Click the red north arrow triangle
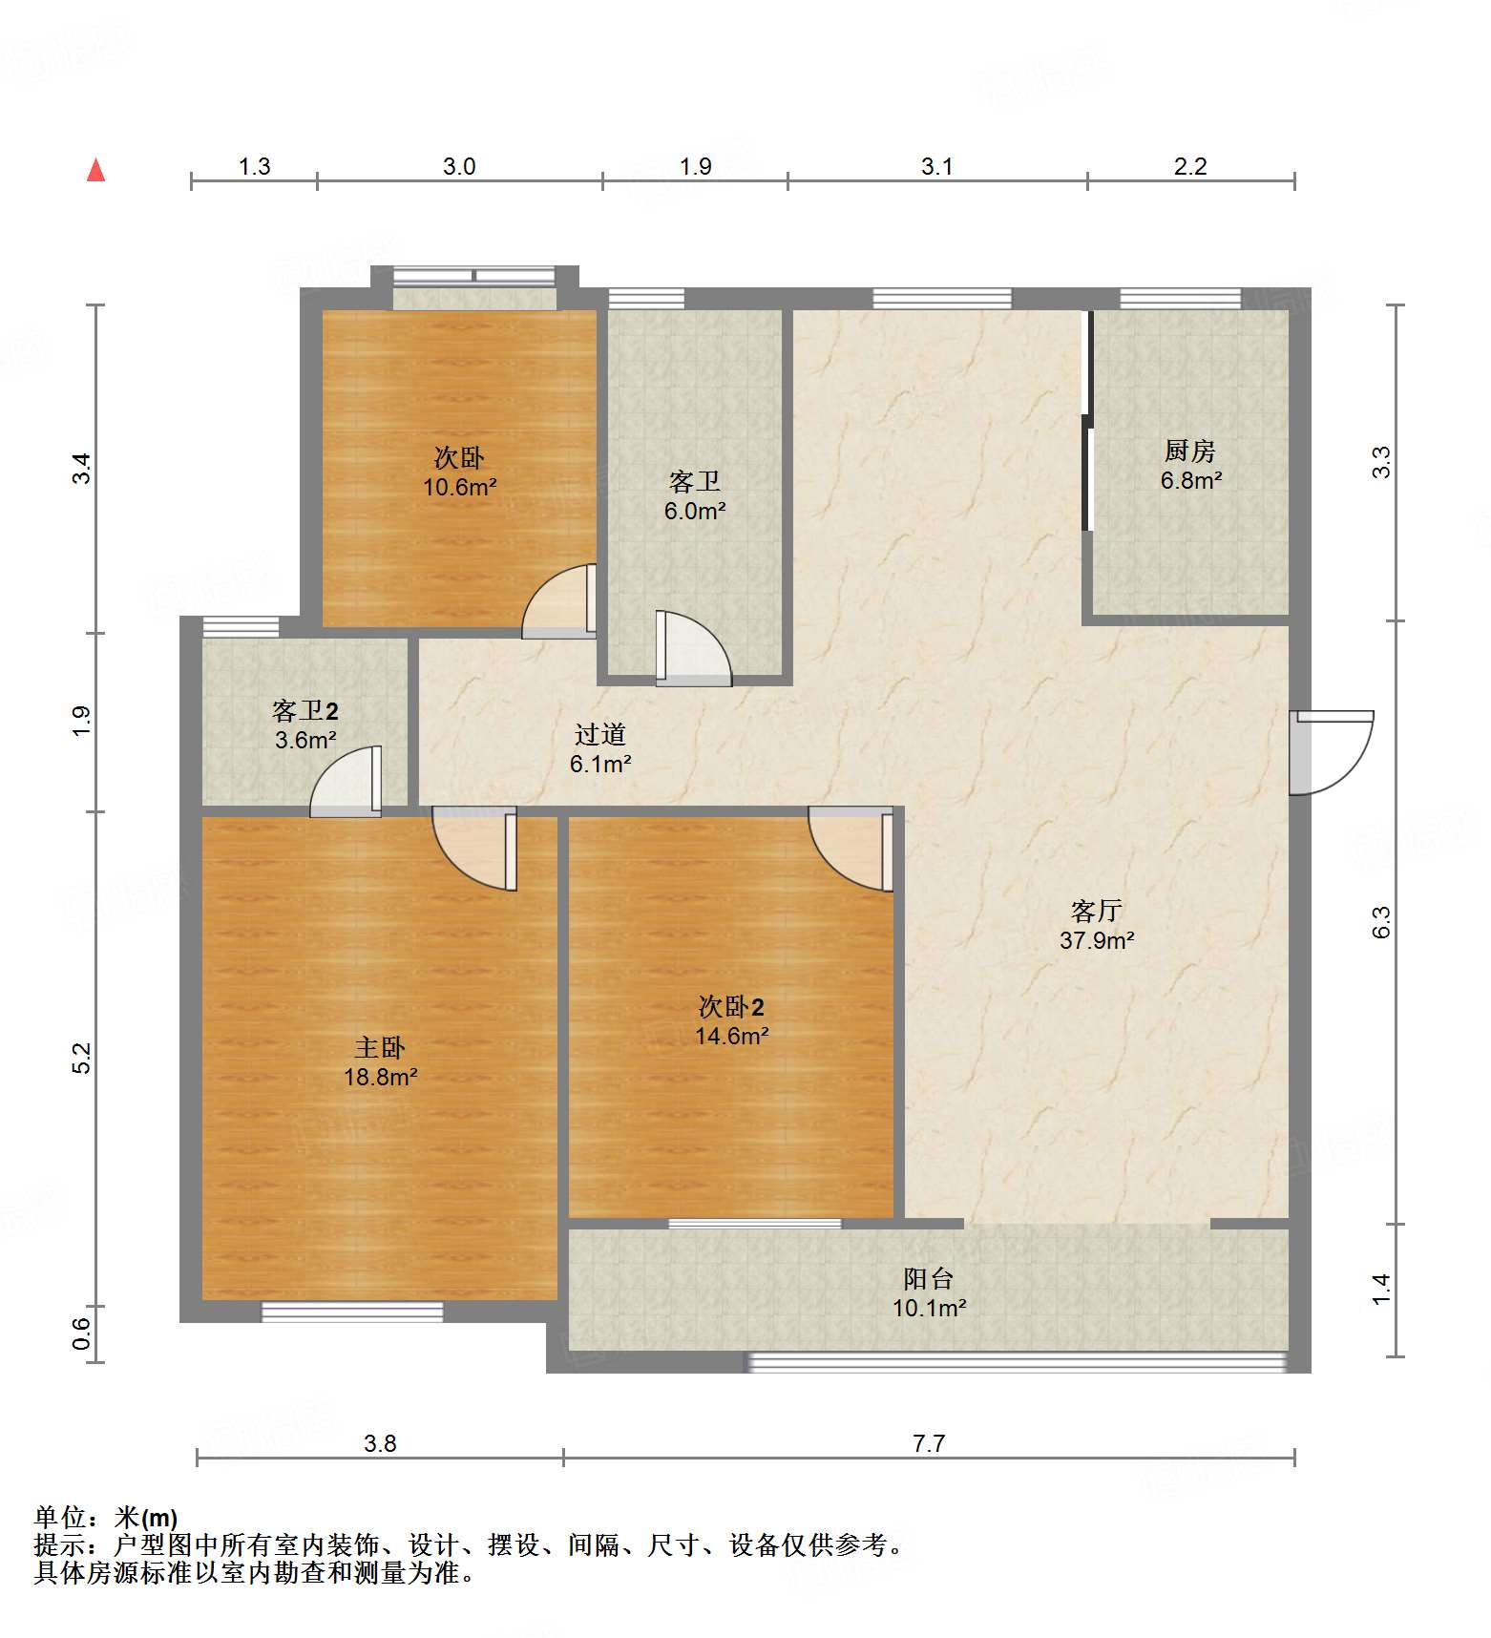click(x=95, y=170)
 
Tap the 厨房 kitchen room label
click(x=1189, y=451)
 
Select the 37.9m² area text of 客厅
click(x=1096, y=940)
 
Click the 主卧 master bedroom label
click(x=380, y=1048)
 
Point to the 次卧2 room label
click(x=731, y=1007)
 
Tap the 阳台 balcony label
click(x=928, y=1279)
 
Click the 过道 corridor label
click(x=599, y=734)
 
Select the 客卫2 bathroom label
click(x=304, y=711)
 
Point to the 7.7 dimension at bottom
click(x=928, y=1443)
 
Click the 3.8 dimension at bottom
click(x=380, y=1443)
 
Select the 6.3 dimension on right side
click(x=1381, y=922)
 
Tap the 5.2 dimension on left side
click(x=82, y=1058)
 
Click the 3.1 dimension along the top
click(x=936, y=167)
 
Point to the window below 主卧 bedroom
click(x=352, y=1312)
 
